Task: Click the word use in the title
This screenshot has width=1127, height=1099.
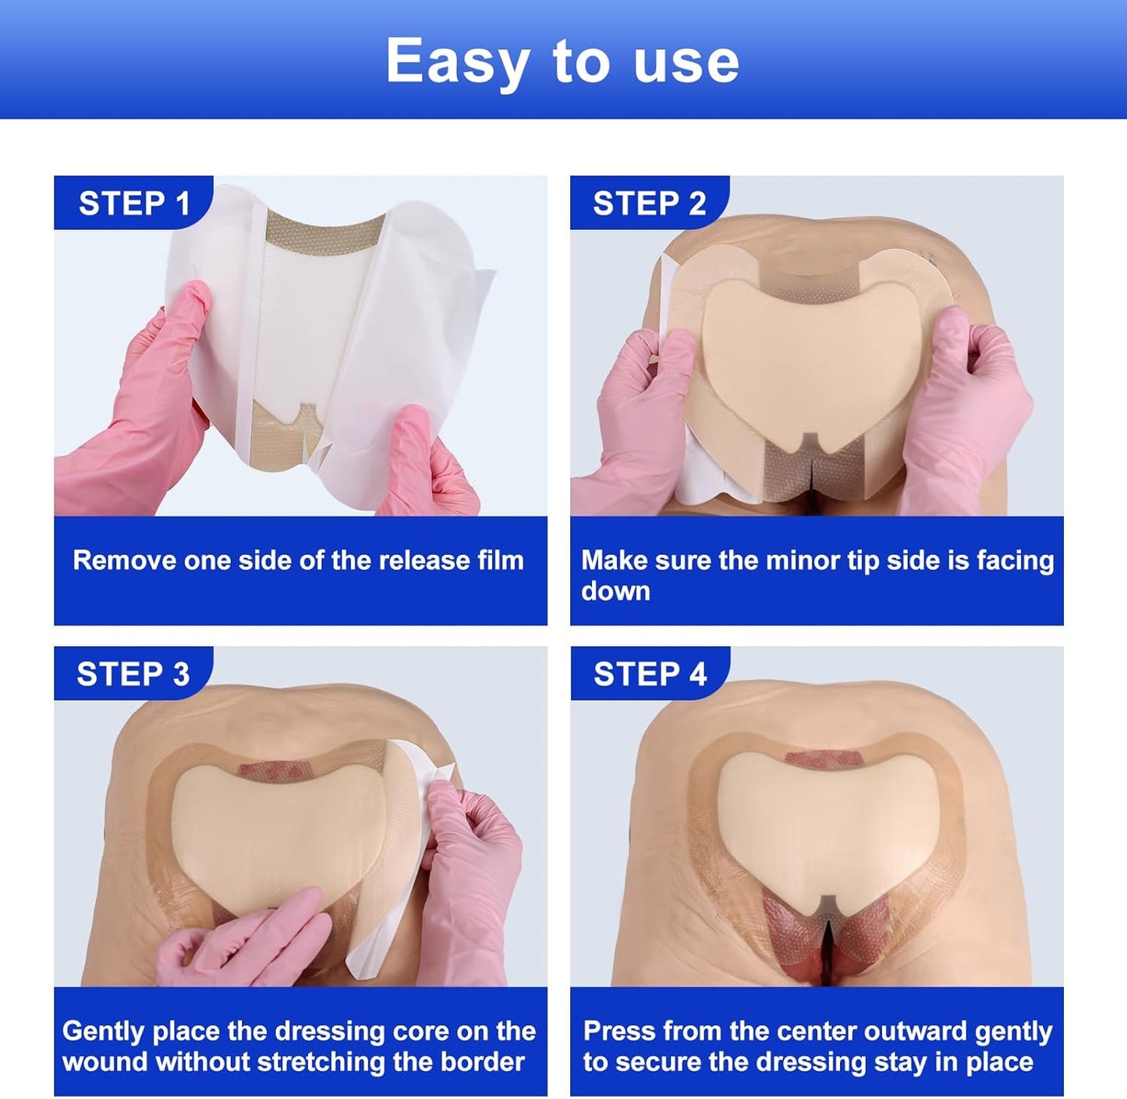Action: click(686, 62)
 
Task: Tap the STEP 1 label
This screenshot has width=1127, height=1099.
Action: click(134, 203)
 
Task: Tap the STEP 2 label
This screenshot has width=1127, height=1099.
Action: click(649, 203)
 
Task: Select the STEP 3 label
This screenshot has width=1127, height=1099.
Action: click(133, 674)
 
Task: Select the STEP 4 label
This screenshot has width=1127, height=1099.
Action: click(650, 674)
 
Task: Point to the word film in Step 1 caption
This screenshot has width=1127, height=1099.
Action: click(498, 560)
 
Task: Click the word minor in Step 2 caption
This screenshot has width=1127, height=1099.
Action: click(796, 560)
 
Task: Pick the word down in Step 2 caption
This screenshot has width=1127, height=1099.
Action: click(615, 591)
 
